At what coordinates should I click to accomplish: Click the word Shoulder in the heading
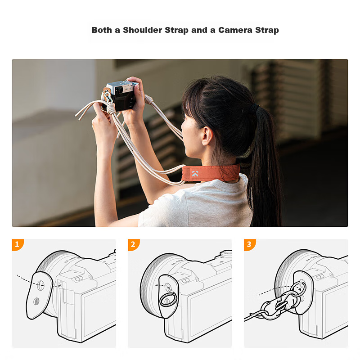pos(142,30)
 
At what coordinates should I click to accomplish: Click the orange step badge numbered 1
pos(18,245)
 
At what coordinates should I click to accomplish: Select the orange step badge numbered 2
pos(134,245)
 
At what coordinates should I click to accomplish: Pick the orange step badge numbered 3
pos(250,245)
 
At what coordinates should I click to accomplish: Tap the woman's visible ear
pos(207,136)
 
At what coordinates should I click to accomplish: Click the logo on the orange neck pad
pos(195,174)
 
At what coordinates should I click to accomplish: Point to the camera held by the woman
pos(119,95)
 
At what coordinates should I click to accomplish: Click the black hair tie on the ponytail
pos(255,108)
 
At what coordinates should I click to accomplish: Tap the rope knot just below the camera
pos(111,109)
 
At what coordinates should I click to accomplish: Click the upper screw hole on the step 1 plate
pos(40,285)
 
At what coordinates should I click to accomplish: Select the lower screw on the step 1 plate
pos(36,301)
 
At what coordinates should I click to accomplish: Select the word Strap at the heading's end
pos(267,30)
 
